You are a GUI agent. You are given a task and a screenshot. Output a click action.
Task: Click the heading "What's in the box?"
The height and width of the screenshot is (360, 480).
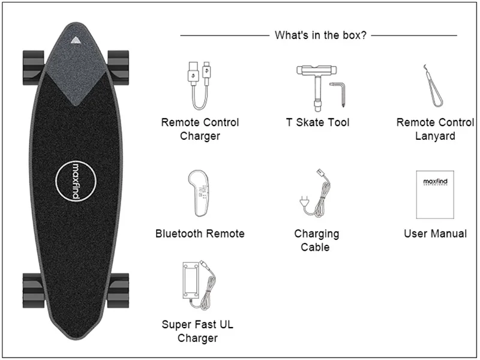pos(320,35)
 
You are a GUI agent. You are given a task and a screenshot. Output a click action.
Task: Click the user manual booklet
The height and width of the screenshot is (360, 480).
pos(436,195)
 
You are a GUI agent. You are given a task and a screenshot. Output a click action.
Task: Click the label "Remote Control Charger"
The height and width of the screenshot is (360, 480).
pos(200,129)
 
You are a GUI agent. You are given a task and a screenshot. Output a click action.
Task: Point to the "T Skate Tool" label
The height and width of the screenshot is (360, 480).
pos(317,122)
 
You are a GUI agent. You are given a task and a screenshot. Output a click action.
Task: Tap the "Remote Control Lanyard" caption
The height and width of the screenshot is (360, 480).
pos(435,129)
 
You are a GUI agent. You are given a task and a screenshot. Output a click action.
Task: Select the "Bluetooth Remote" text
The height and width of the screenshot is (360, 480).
pos(200,233)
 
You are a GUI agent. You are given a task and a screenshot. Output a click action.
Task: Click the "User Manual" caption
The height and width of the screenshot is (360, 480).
pos(435,233)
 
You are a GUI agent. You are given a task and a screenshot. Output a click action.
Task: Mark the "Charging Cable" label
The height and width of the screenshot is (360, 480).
pos(316,240)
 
